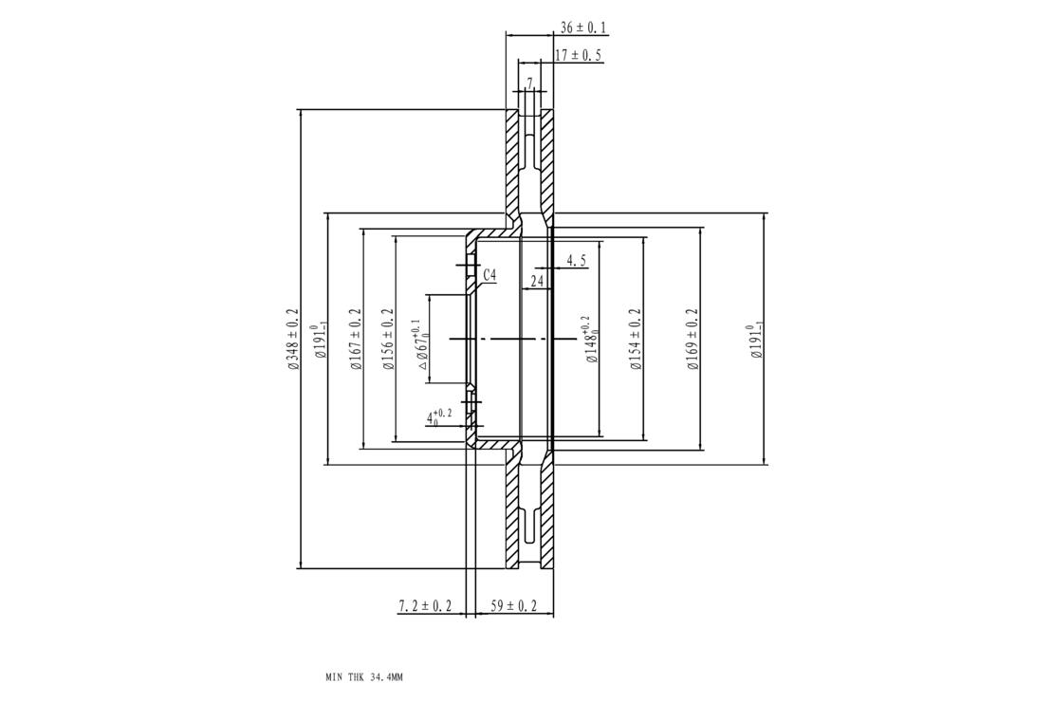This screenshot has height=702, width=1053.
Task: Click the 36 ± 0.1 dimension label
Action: click(x=582, y=28)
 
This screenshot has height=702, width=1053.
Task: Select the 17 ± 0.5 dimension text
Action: click(x=578, y=55)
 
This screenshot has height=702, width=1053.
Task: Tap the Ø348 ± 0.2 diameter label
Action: click(x=292, y=340)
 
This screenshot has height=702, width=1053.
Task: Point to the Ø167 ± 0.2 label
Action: click(x=355, y=340)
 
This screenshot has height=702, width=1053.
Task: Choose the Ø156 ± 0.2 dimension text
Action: click(x=387, y=340)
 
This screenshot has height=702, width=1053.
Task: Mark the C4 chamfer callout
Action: click(x=490, y=275)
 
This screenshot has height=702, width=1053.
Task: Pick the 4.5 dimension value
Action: click(x=577, y=261)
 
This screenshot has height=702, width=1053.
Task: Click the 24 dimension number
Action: click(x=537, y=282)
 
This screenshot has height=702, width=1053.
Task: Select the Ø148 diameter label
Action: click(x=592, y=340)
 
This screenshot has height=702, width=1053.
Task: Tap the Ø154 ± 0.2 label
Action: click(x=636, y=340)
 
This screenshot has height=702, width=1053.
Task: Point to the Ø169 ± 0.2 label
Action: click(x=693, y=340)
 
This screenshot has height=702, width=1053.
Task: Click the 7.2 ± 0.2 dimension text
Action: click(x=425, y=606)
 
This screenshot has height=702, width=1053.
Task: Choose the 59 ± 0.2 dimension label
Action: click(x=514, y=606)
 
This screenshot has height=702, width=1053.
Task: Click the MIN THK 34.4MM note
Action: click(x=364, y=678)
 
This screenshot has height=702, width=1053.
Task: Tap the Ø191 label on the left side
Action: click(x=320, y=341)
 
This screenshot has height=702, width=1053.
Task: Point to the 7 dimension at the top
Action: click(x=530, y=83)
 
